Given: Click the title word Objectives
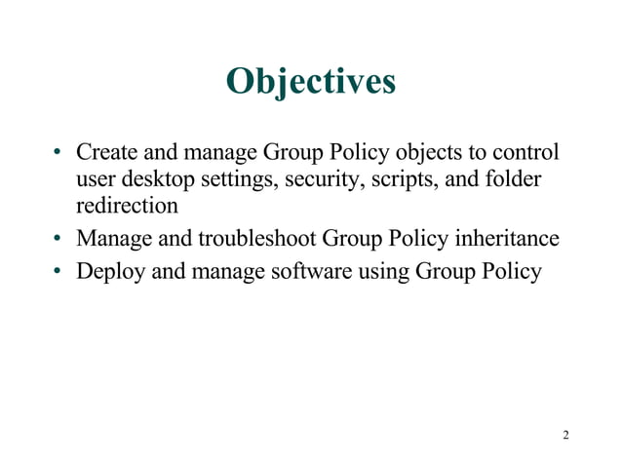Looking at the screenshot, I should pyautogui.click(x=310, y=82).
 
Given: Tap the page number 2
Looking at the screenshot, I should pyautogui.click(x=566, y=434).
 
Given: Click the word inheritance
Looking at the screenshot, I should pyautogui.click(x=509, y=239).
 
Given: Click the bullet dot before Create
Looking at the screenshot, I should pyautogui.click(x=58, y=154).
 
